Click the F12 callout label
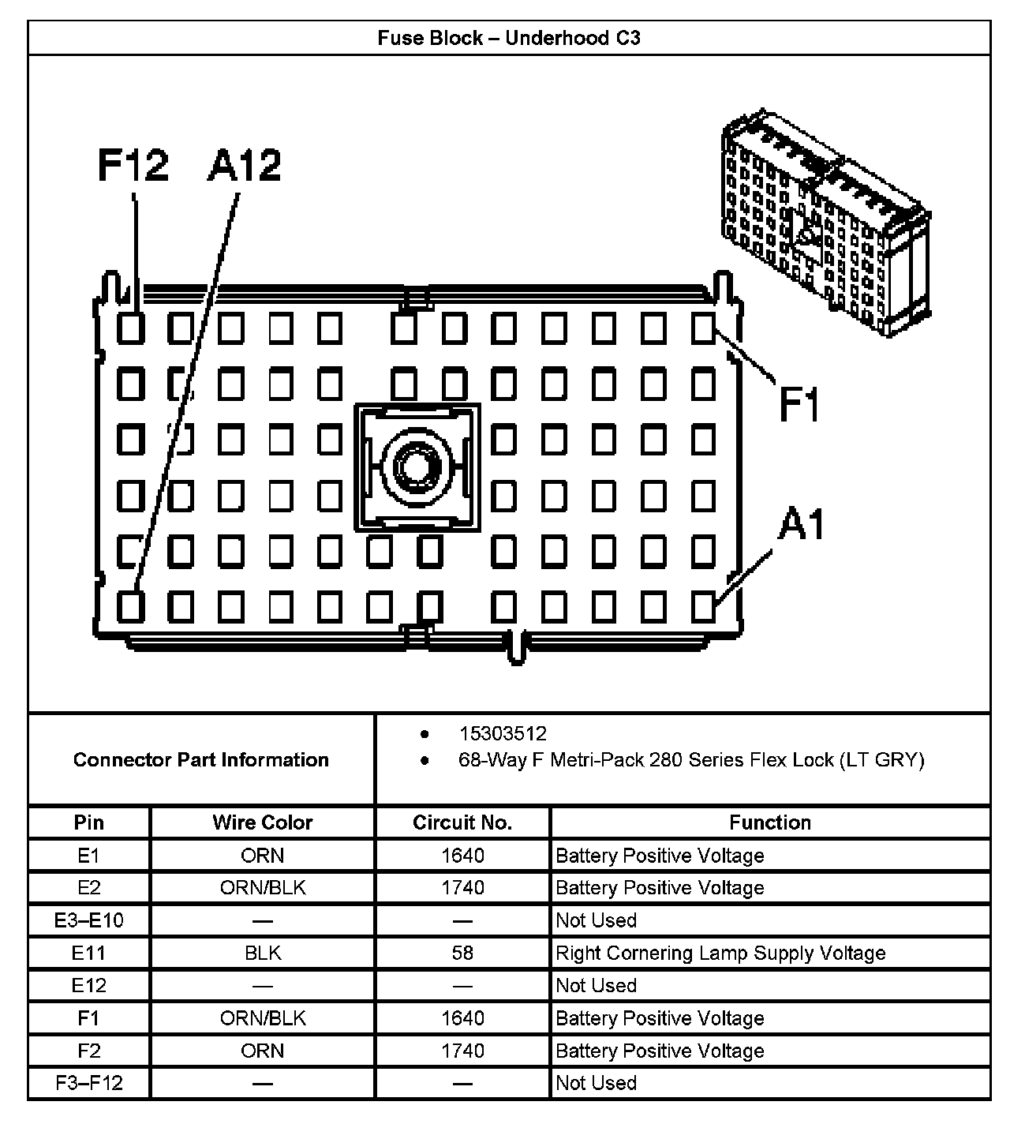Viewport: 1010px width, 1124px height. (133, 166)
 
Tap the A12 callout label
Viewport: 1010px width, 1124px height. (245, 166)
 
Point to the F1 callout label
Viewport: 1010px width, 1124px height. (799, 403)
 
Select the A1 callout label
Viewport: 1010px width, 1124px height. (801, 525)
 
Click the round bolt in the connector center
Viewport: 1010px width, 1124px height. (416, 465)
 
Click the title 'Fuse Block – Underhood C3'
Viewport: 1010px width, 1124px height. (509, 38)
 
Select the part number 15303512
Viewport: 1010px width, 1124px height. (503, 734)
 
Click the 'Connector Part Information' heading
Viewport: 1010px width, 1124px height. (201, 760)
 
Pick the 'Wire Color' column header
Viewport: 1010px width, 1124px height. (263, 822)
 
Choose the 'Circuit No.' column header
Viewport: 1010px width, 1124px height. (462, 822)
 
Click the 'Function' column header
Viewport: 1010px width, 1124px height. (770, 822)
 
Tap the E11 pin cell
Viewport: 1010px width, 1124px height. (88, 953)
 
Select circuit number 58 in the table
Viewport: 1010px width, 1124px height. (462, 953)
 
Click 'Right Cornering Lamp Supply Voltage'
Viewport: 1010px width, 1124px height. (720, 953)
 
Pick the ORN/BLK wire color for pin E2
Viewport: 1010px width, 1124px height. (263, 888)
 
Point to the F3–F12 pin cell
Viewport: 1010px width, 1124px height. (88, 1083)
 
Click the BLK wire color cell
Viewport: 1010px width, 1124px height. (263, 953)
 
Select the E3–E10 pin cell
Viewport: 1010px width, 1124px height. (88, 920)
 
